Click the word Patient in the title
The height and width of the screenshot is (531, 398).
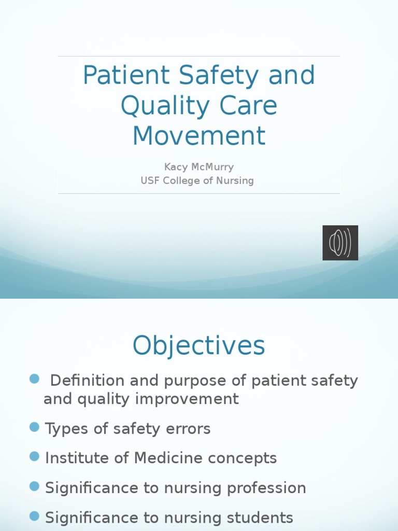coord(126,76)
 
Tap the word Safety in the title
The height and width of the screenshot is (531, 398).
coord(219,76)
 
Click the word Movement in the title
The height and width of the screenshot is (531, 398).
coord(199,136)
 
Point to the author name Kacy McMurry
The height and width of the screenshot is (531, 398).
coord(199,167)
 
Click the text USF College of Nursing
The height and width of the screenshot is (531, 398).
coord(197,180)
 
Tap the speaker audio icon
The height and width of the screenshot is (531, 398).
coord(340,243)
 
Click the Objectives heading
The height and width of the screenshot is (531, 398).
coord(199,346)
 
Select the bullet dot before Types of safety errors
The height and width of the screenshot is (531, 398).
coord(35,427)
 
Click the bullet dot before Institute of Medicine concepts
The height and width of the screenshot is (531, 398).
coord(35,456)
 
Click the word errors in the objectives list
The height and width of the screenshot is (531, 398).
coord(187,429)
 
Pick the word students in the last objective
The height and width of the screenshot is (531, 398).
coord(258,518)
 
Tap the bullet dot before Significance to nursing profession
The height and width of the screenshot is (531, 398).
coord(35,486)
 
